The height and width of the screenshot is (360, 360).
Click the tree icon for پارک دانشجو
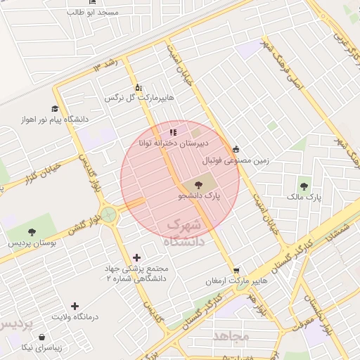tap(195, 185)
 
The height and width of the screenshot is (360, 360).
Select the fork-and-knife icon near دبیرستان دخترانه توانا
tap(172, 131)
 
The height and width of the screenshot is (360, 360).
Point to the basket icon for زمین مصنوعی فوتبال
tap(236, 148)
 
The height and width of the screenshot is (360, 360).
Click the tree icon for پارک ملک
tap(304, 186)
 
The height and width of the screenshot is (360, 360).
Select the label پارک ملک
tap(304, 198)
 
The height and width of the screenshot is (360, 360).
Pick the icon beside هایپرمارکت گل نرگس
tap(138, 86)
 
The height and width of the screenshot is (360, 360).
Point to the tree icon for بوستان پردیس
tap(31, 232)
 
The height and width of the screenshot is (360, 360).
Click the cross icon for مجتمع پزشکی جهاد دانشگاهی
tap(136, 257)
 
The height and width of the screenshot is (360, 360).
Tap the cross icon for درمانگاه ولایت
tap(75, 305)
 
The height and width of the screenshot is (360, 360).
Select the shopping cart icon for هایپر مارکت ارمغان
tap(236, 270)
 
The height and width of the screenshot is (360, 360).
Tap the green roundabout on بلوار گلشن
tap(108, 213)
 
